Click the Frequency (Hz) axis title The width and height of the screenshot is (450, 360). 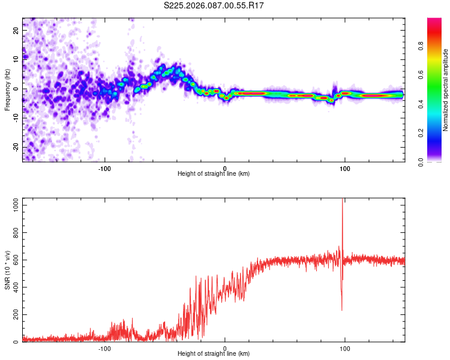click(x=7, y=89)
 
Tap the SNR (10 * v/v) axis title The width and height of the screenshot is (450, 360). click(x=7, y=270)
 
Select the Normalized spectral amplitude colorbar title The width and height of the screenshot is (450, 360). click(x=446, y=90)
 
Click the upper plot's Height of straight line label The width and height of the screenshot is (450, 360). click(x=214, y=174)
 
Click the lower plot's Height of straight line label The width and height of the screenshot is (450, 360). click(x=214, y=355)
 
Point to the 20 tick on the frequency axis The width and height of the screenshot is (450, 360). click(x=16, y=30)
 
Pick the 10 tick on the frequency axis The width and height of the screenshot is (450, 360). click(x=16, y=59)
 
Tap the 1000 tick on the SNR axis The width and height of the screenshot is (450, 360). click(x=12, y=205)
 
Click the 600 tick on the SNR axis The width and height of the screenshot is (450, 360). click(x=14, y=260)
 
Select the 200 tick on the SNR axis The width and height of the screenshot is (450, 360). click(x=14, y=314)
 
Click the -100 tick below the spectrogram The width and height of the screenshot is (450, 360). click(x=105, y=168)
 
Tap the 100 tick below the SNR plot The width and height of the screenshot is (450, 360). click(x=345, y=349)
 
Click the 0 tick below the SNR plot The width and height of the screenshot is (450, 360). click(x=225, y=349)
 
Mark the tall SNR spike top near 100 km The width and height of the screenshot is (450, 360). click(x=342, y=200)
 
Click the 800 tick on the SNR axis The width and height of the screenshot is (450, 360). click(x=14, y=232)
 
